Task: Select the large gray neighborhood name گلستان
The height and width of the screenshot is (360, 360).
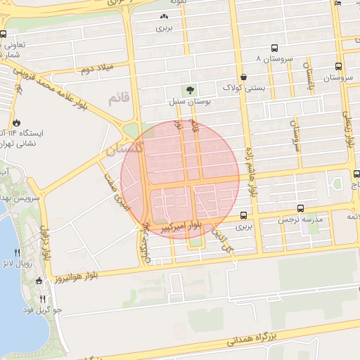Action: pyautogui.click(x=123, y=150)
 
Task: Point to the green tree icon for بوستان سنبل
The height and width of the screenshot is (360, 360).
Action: pyautogui.click(x=189, y=89)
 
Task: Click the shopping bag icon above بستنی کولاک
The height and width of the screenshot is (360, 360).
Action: pyautogui.click(x=243, y=77)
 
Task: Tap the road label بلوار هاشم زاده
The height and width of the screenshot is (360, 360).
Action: pyautogui.click(x=250, y=172)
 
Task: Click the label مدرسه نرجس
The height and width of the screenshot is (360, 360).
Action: pyautogui.click(x=302, y=221)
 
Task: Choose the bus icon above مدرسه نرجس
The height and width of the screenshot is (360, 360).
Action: pyautogui.click(x=301, y=209)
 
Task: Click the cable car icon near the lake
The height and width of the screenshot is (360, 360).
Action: pyautogui.click(x=39, y=281)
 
